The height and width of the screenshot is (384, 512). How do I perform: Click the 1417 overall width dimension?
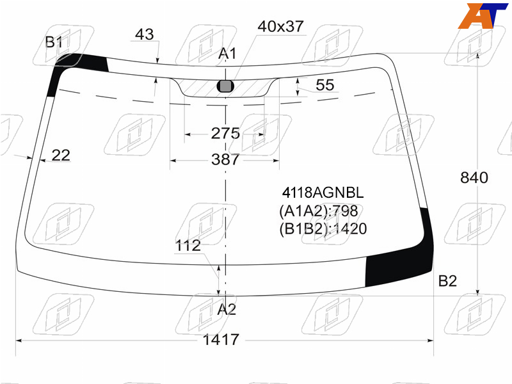(221, 340)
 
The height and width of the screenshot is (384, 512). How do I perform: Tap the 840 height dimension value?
(474, 178)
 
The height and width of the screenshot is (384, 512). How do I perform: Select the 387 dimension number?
(225, 159)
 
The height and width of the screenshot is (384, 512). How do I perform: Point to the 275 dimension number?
(225, 133)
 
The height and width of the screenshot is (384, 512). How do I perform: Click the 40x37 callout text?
(281, 26)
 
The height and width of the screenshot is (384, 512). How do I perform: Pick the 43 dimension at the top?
(145, 34)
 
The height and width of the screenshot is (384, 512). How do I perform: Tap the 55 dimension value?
(325, 85)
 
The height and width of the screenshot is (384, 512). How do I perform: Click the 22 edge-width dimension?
(61, 155)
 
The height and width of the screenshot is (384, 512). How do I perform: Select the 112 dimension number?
(188, 245)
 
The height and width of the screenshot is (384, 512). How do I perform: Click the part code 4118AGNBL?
(323, 193)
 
